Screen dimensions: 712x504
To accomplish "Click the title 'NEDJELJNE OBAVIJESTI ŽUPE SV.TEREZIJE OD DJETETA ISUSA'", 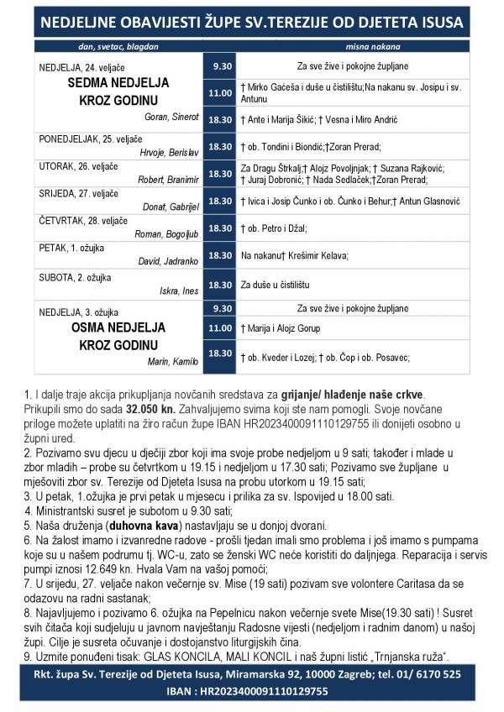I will pos(251,22).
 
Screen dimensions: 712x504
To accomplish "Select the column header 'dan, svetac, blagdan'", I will pos(118,46).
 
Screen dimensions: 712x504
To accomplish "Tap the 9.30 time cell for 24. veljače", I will pos(221,66).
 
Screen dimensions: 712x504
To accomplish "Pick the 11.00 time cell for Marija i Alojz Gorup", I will pos(221,327).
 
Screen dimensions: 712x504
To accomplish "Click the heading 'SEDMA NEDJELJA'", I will pos(118,83).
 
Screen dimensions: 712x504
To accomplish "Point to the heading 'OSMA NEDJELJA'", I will pos(118,327).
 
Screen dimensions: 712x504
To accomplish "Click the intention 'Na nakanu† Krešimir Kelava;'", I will pos(294,255).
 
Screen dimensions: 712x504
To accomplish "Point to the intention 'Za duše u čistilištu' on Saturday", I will pos(276,285).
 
